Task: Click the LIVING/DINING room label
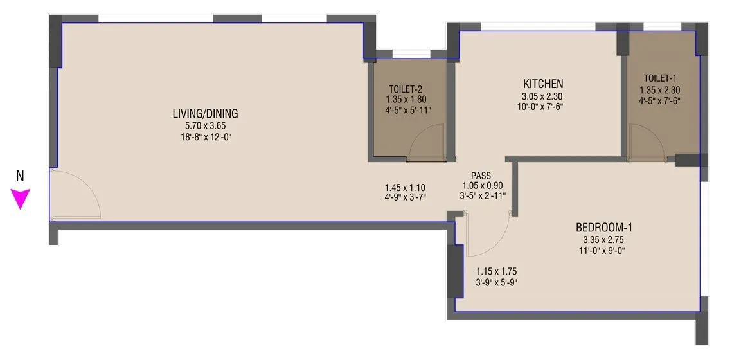click(x=205, y=114)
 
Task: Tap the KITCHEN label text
click(x=543, y=84)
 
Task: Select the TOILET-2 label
click(x=406, y=89)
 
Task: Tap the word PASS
click(x=481, y=175)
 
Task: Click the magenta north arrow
click(x=21, y=199)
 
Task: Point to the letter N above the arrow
click(x=20, y=175)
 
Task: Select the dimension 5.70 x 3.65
click(x=205, y=126)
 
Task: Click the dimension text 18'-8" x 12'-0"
click(x=205, y=137)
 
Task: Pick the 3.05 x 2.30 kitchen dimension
click(x=543, y=97)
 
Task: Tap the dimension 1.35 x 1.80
click(x=406, y=100)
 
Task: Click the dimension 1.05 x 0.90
click(x=481, y=184)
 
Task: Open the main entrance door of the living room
click(x=74, y=195)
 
